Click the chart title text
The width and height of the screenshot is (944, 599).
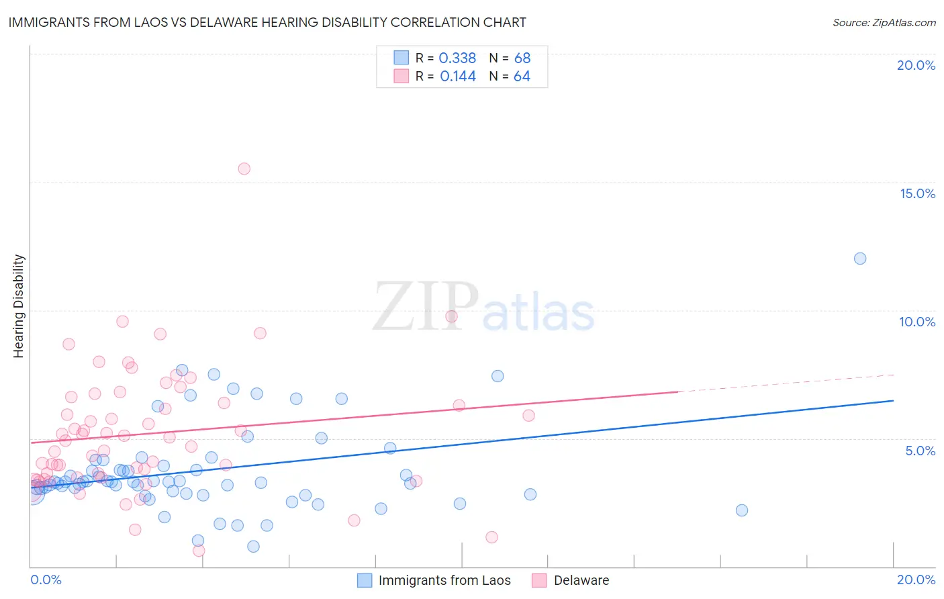267,22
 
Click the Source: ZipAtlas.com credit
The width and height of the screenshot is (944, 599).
884,23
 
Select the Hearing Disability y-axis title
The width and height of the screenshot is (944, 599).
19,306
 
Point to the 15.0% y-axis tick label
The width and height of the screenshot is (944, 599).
917,193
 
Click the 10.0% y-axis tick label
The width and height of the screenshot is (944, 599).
917,322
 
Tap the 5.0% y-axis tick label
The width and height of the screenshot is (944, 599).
920,451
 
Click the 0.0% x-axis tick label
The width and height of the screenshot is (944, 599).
46,580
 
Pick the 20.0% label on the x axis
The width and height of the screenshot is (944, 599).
916,580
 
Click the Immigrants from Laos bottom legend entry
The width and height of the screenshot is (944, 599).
444,580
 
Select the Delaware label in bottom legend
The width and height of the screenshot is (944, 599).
581,580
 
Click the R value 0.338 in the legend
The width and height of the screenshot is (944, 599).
457,58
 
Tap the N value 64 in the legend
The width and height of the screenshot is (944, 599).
522,77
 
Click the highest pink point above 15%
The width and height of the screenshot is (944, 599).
244,169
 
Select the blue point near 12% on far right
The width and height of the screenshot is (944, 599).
860,259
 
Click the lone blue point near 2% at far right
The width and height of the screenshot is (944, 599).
742,510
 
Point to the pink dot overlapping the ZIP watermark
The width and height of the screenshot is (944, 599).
451,316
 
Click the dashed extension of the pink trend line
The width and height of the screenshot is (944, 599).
786,383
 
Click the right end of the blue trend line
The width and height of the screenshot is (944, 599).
892,400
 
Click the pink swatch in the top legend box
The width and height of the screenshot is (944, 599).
401,76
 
